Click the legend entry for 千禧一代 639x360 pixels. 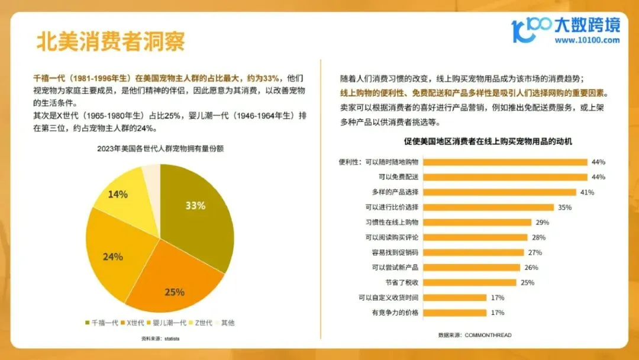(102, 323)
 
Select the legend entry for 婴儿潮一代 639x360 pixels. (166, 323)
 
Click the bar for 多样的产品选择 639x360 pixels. (499, 192)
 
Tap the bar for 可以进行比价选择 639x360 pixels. (488, 207)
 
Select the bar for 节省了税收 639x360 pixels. (469, 282)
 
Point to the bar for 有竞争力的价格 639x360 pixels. (455, 313)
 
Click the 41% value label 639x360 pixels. (588, 192)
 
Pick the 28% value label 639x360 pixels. (539, 237)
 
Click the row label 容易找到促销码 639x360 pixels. (395, 252)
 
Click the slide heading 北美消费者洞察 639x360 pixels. (111, 41)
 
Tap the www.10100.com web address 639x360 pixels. (587, 40)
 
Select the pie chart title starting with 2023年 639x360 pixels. (160, 149)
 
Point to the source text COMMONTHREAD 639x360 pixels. (488, 335)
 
